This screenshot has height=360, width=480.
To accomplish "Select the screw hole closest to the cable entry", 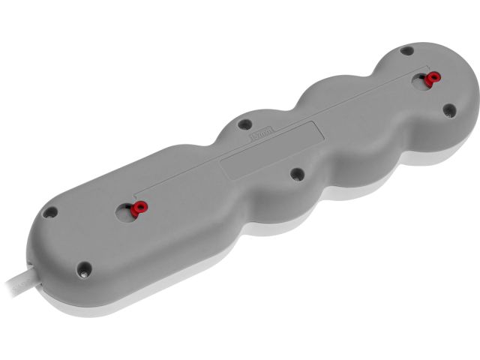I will [x=85, y=267].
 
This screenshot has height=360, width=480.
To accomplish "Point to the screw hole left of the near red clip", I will [x=49, y=212].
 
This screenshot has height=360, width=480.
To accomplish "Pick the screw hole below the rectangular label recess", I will [x=297, y=174].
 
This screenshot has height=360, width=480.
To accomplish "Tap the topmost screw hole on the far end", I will [x=406, y=51].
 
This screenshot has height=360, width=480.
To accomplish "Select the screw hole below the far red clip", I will [x=448, y=110].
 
